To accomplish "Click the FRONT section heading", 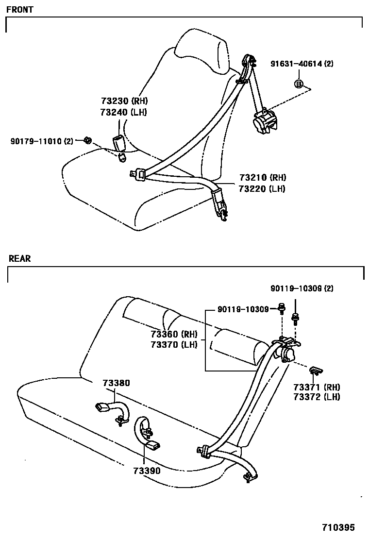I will pos(20,10).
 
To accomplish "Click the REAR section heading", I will pos(19,259).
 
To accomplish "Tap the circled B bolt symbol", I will pos(299,84).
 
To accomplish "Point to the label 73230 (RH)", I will pos(124,101).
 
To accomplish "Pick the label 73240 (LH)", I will pos(124,112).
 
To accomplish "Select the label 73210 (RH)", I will pos(262,177).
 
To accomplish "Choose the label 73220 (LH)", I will pos(262,188).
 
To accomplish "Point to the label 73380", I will pos(116,383).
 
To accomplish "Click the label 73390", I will pos(146,470).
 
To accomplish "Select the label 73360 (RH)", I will pos(173,334).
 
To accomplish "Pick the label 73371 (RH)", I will pos(317,387).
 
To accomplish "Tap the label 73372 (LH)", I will pos(317,397).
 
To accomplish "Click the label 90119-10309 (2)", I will pos(302,288).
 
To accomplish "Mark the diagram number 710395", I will pos(338,527).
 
